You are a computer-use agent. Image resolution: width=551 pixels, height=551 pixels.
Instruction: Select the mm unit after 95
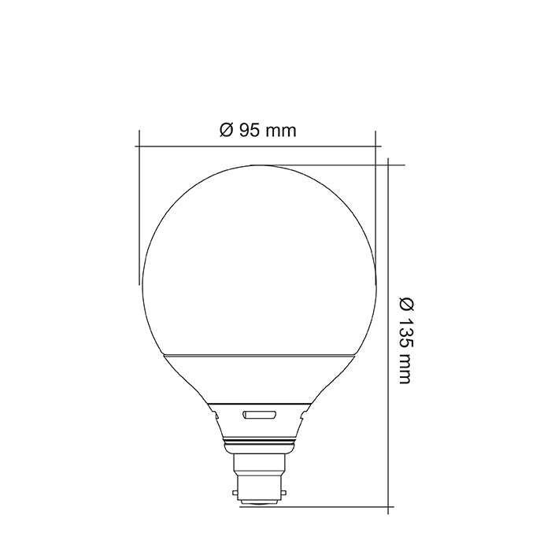pos(282,131)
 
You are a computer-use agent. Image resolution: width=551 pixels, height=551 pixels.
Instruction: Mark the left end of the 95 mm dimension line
pos(138,146)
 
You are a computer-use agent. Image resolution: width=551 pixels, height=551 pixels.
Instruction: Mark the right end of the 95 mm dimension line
pos(376,146)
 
